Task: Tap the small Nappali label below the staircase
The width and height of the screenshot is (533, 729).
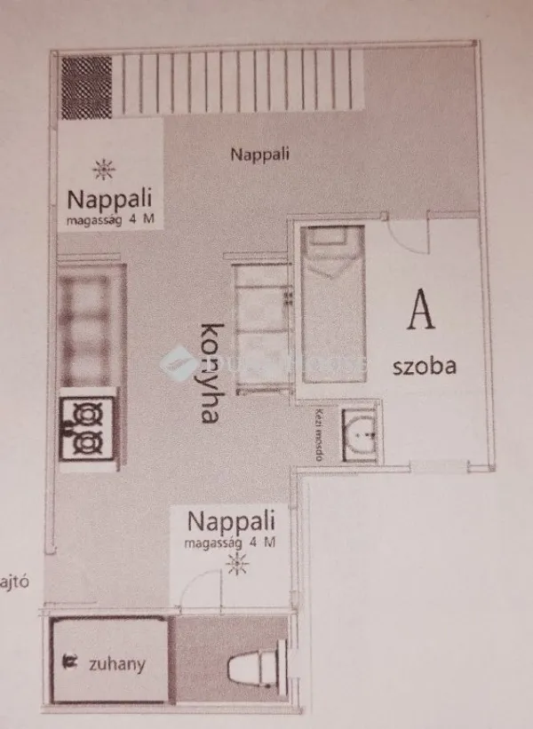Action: click(260, 154)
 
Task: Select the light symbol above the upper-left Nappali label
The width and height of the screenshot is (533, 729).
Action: click(104, 166)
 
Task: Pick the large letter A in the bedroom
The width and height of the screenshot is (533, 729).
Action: click(422, 312)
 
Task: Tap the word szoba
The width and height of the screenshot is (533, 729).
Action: click(425, 365)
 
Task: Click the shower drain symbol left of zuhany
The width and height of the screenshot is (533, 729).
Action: click(68, 662)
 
